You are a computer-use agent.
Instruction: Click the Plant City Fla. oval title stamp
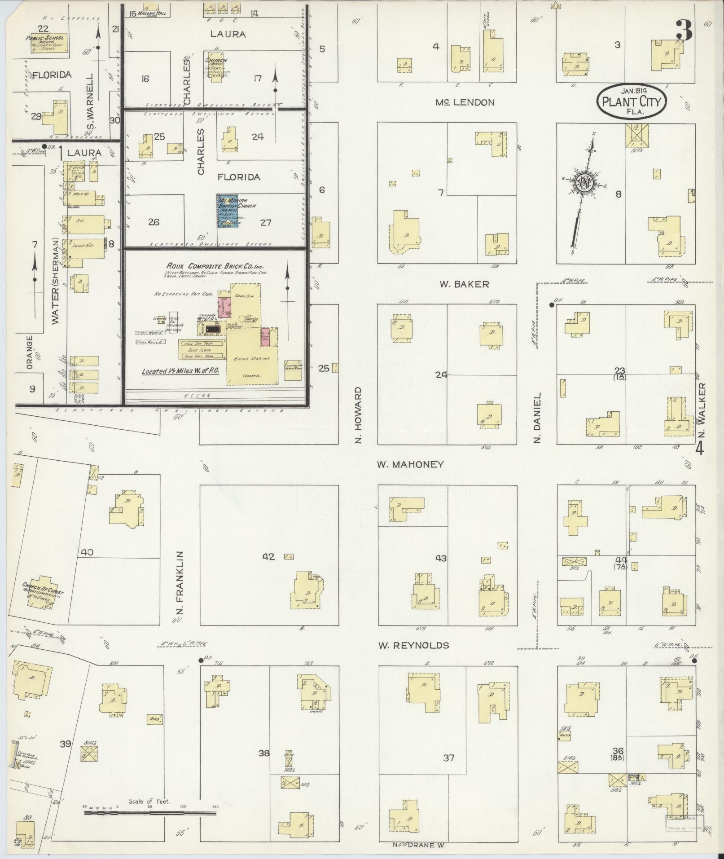pos(632,101)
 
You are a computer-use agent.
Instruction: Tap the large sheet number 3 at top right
pos(683,30)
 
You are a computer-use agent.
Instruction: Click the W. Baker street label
pos(464,284)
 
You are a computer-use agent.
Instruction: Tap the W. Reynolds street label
pos(413,645)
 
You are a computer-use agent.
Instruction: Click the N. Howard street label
pos(358,414)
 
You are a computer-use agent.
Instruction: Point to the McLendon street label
pos(465,102)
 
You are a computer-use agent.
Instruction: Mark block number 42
pos(268,557)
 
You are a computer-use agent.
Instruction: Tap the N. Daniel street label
pos(537,418)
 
